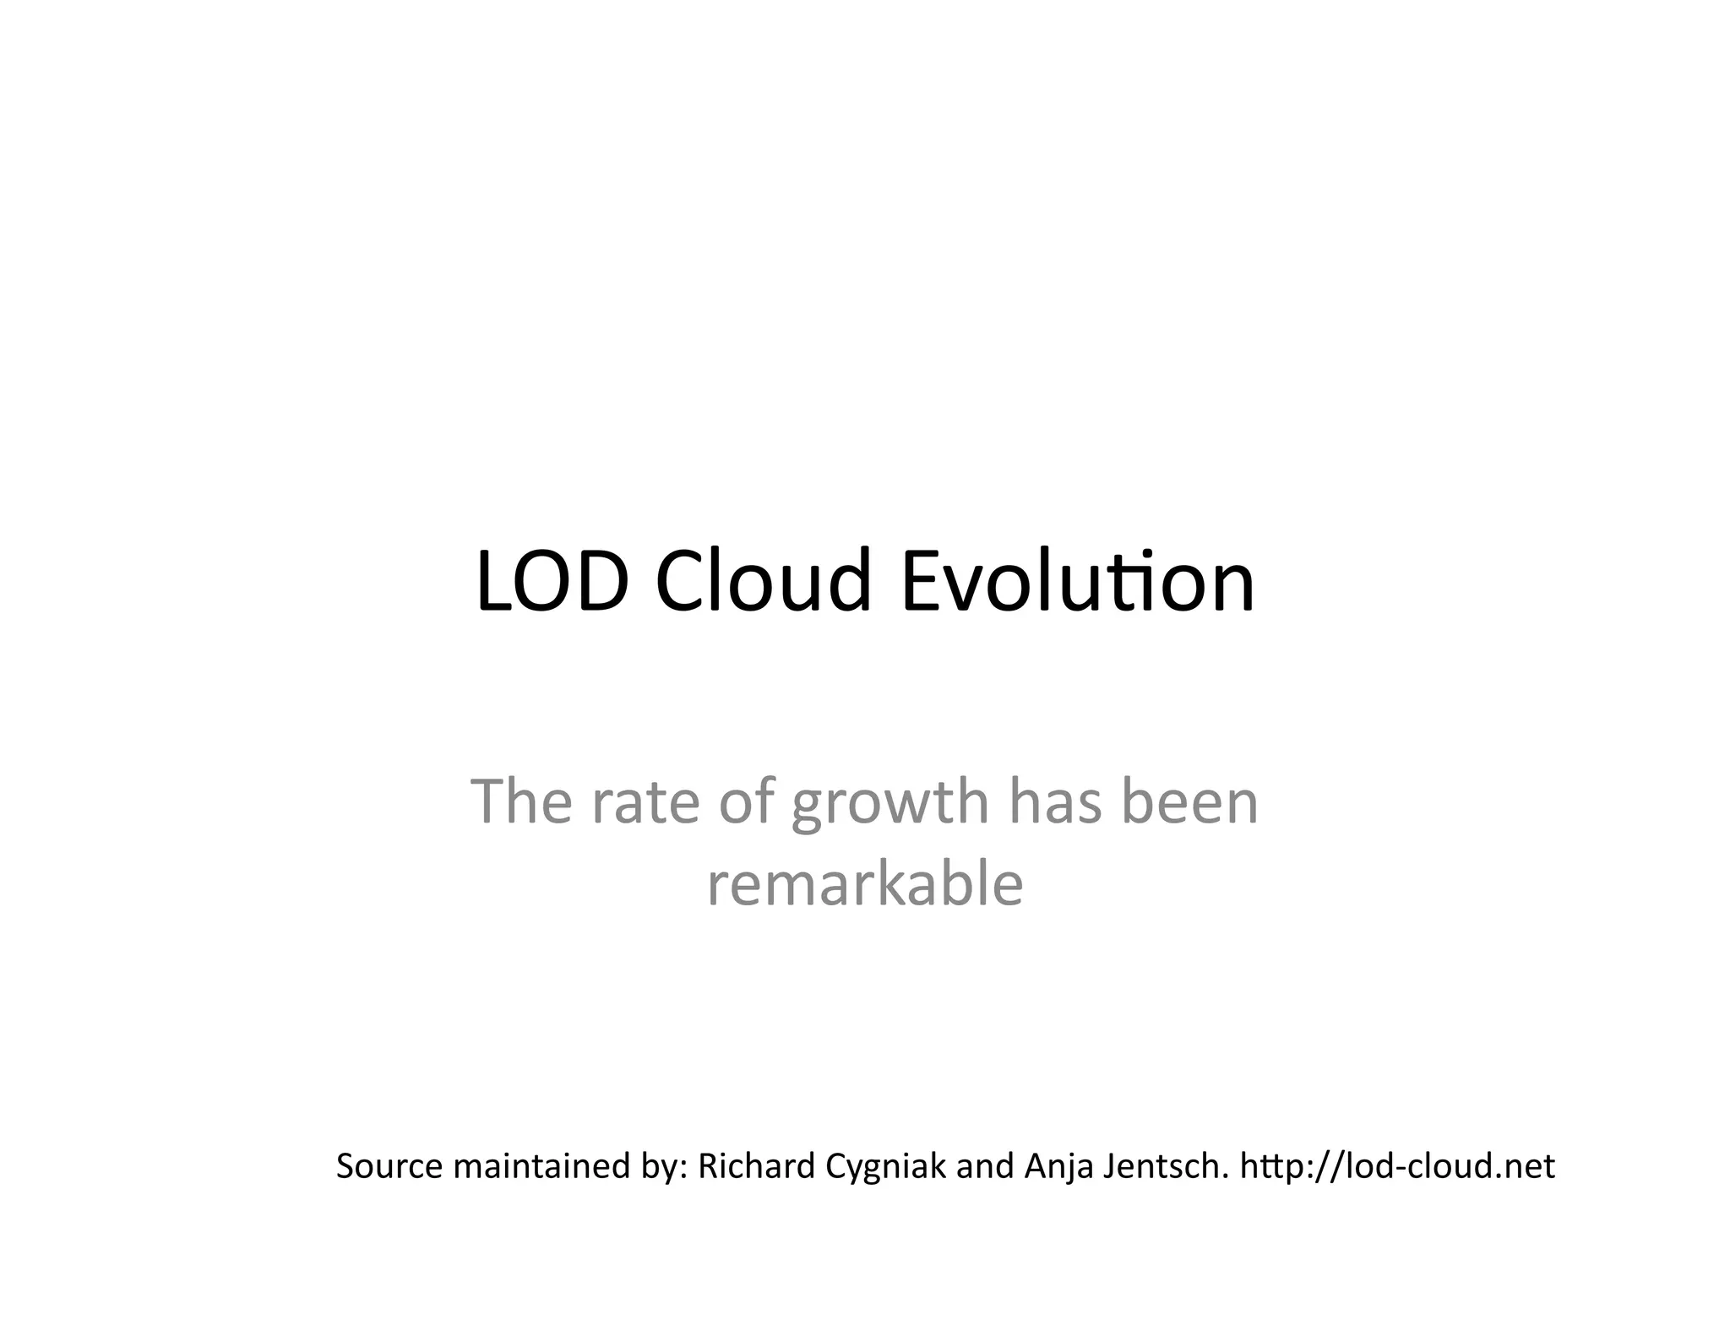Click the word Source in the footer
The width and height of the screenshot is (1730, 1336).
tap(389, 1166)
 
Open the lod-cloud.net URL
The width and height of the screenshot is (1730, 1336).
tap(1397, 1166)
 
